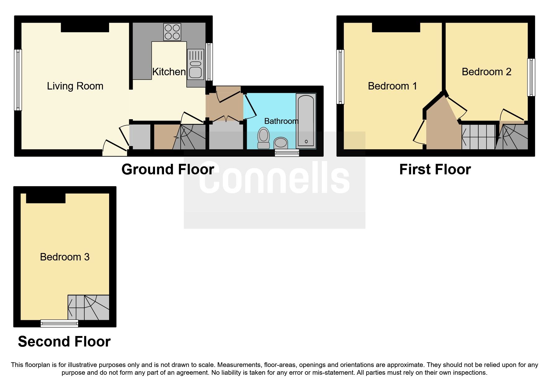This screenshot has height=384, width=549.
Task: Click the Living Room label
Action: (75, 86)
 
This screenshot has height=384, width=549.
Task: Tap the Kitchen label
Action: (169, 72)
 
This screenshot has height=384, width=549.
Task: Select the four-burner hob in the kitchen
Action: (172, 32)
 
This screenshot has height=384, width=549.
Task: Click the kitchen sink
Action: (196, 68)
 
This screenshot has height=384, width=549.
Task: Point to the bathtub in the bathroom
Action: (306, 121)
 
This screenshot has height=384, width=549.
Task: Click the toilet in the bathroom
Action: (263, 138)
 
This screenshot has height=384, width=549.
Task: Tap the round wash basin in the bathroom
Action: (281, 143)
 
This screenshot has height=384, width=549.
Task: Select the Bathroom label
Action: (281, 121)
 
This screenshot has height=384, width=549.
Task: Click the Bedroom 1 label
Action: (392, 86)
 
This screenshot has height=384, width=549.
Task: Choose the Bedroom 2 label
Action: (486, 72)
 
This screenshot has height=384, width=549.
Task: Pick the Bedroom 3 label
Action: (65, 257)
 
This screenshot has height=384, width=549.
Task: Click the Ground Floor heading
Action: (168, 170)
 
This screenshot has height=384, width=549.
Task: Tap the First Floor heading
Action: (435, 170)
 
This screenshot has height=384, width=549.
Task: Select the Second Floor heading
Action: (64, 342)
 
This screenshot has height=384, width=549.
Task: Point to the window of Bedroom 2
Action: (531, 77)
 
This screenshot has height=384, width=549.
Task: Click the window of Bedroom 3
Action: (59, 324)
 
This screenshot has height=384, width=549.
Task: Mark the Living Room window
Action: (18, 80)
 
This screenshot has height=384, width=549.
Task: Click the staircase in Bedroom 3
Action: (89, 308)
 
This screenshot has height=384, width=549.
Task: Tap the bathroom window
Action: (287, 152)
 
